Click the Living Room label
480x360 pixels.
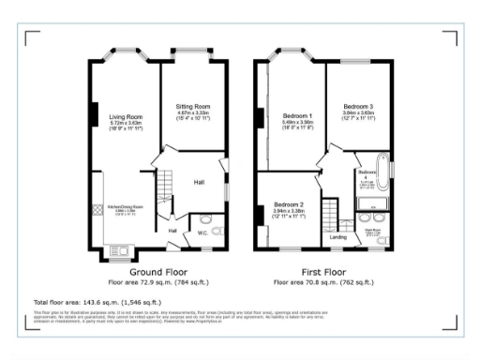click(125, 117)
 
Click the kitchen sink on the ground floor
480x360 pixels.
click(120, 249)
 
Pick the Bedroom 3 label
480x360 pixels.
click(357, 106)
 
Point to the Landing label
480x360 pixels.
click(337, 236)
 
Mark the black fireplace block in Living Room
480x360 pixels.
click(94, 115)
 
